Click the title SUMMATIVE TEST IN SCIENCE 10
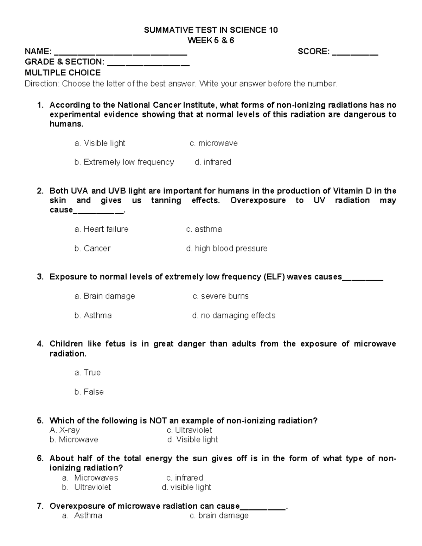[211, 30]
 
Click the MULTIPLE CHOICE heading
[63, 73]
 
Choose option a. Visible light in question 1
[100, 143]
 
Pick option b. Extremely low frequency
[124, 162]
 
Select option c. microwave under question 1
[213, 143]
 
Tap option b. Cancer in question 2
[92, 249]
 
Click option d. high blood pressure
[227, 249]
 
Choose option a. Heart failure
[101, 229]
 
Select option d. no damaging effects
[234, 316]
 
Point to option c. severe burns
[220, 296]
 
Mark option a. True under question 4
[88, 373]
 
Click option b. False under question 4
[89, 392]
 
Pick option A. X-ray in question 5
[65, 430]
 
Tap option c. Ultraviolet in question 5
[190, 430]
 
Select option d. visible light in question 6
[186, 487]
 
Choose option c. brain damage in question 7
[219, 516]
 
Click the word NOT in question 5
[158, 421]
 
